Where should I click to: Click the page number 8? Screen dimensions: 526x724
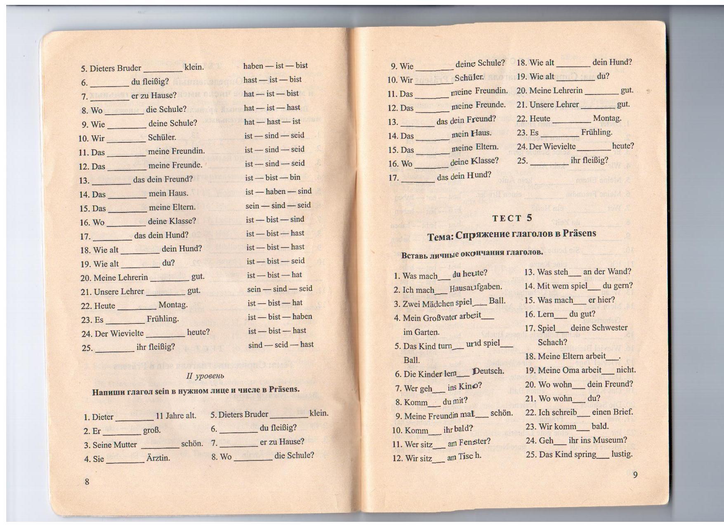(x=87, y=482)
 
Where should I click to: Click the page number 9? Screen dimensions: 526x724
(x=635, y=475)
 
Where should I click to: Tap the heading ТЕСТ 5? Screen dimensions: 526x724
(x=512, y=218)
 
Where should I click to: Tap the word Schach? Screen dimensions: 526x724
(x=552, y=342)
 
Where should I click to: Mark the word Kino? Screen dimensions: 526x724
(x=470, y=387)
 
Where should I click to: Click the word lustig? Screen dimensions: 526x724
(x=622, y=454)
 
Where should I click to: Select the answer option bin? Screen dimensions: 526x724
(x=295, y=177)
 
